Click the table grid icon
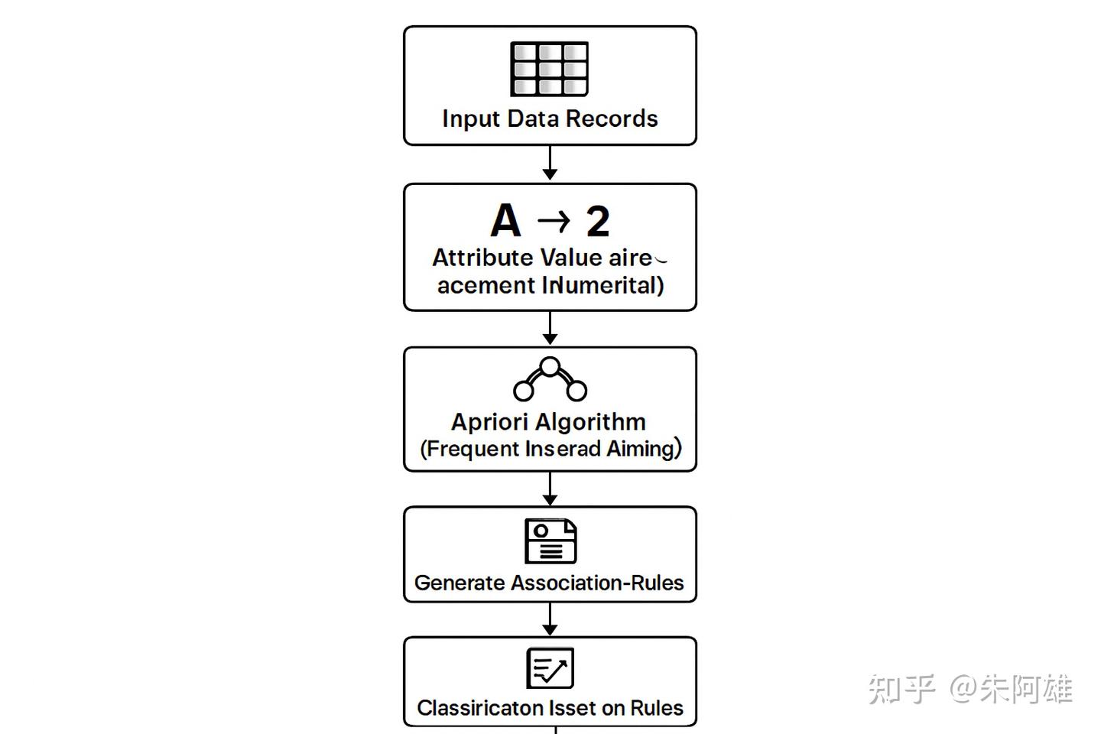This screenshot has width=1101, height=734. (549, 69)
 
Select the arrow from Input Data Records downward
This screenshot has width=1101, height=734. (550, 163)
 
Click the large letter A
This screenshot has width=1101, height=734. (505, 221)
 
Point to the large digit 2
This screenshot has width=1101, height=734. (598, 222)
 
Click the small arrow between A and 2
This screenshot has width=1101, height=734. (554, 222)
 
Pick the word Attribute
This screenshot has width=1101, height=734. (482, 258)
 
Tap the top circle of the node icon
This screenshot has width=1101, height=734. (550, 366)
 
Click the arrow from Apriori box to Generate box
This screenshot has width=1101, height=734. (550, 489)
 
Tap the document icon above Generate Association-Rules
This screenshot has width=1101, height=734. (550, 541)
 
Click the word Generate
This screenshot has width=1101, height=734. (460, 583)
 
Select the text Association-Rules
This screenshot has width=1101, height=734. (597, 583)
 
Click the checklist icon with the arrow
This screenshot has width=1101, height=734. (550, 668)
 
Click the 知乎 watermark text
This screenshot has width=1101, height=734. (901, 689)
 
